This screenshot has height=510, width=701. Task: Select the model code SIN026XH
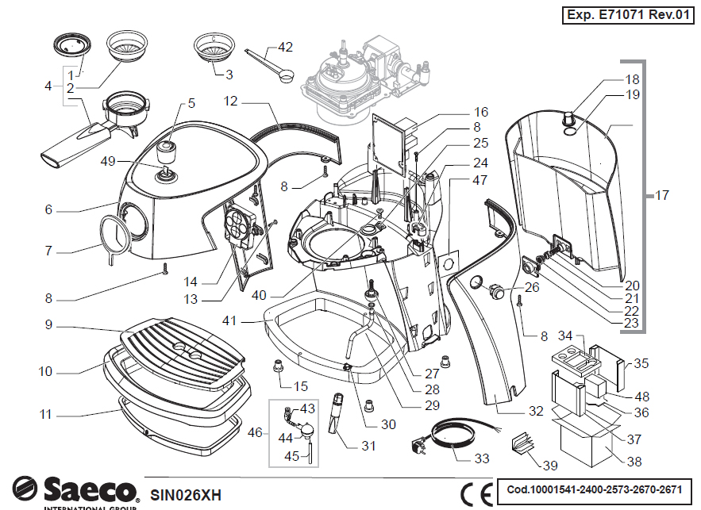(185, 494)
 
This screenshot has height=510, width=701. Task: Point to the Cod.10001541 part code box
(593, 489)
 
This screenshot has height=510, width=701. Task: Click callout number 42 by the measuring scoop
(284, 47)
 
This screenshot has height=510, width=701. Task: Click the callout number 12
(231, 102)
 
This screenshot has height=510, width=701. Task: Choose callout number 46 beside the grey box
(255, 432)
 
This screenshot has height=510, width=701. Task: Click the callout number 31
(368, 446)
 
